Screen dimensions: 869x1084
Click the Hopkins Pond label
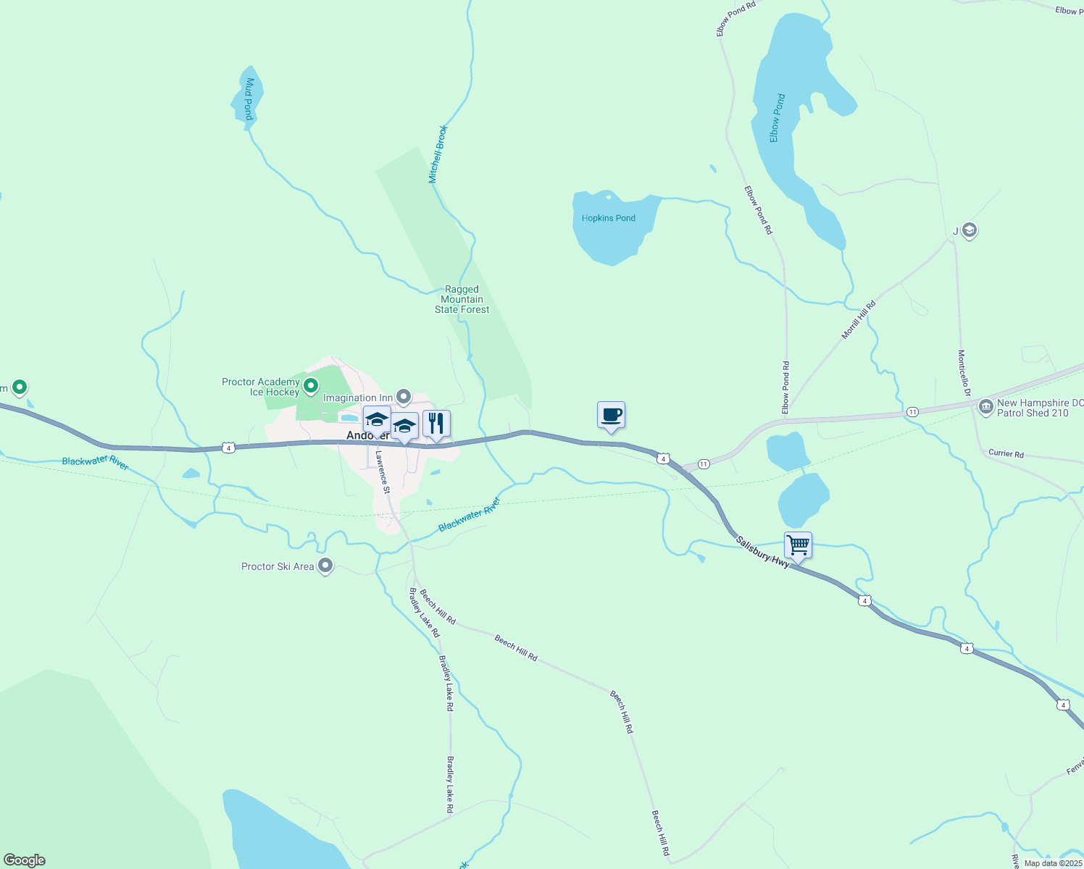(x=608, y=218)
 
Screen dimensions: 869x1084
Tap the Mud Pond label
(x=249, y=98)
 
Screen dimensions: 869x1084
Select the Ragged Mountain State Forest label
(x=462, y=299)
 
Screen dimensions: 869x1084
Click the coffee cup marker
(x=611, y=416)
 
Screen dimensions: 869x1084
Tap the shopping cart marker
(x=798, y=545)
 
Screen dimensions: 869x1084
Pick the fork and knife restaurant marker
(x=436, y=424)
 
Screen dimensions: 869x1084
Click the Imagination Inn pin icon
(x=404, y=397)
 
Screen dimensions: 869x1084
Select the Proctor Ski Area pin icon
(x=325, y=566)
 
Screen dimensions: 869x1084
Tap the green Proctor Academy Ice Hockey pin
(x=311, y=386)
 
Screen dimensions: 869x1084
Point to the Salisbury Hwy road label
(x=762, y=552)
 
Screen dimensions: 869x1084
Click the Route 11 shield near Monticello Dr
(x=912, y=412)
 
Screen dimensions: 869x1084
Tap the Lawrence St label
(x=382, y=472)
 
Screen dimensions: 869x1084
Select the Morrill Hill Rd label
(x=859, y=319)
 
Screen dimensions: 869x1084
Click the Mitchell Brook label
(x=438, y=154)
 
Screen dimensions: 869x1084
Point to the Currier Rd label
(x=1006, y=453)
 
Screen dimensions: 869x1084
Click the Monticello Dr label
(x=963, y=373)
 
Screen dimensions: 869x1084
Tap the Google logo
(x=24, y=860)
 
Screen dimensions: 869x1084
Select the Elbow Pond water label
(x=777, y=118)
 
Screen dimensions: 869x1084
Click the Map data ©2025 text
(x=1053, y=863)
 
